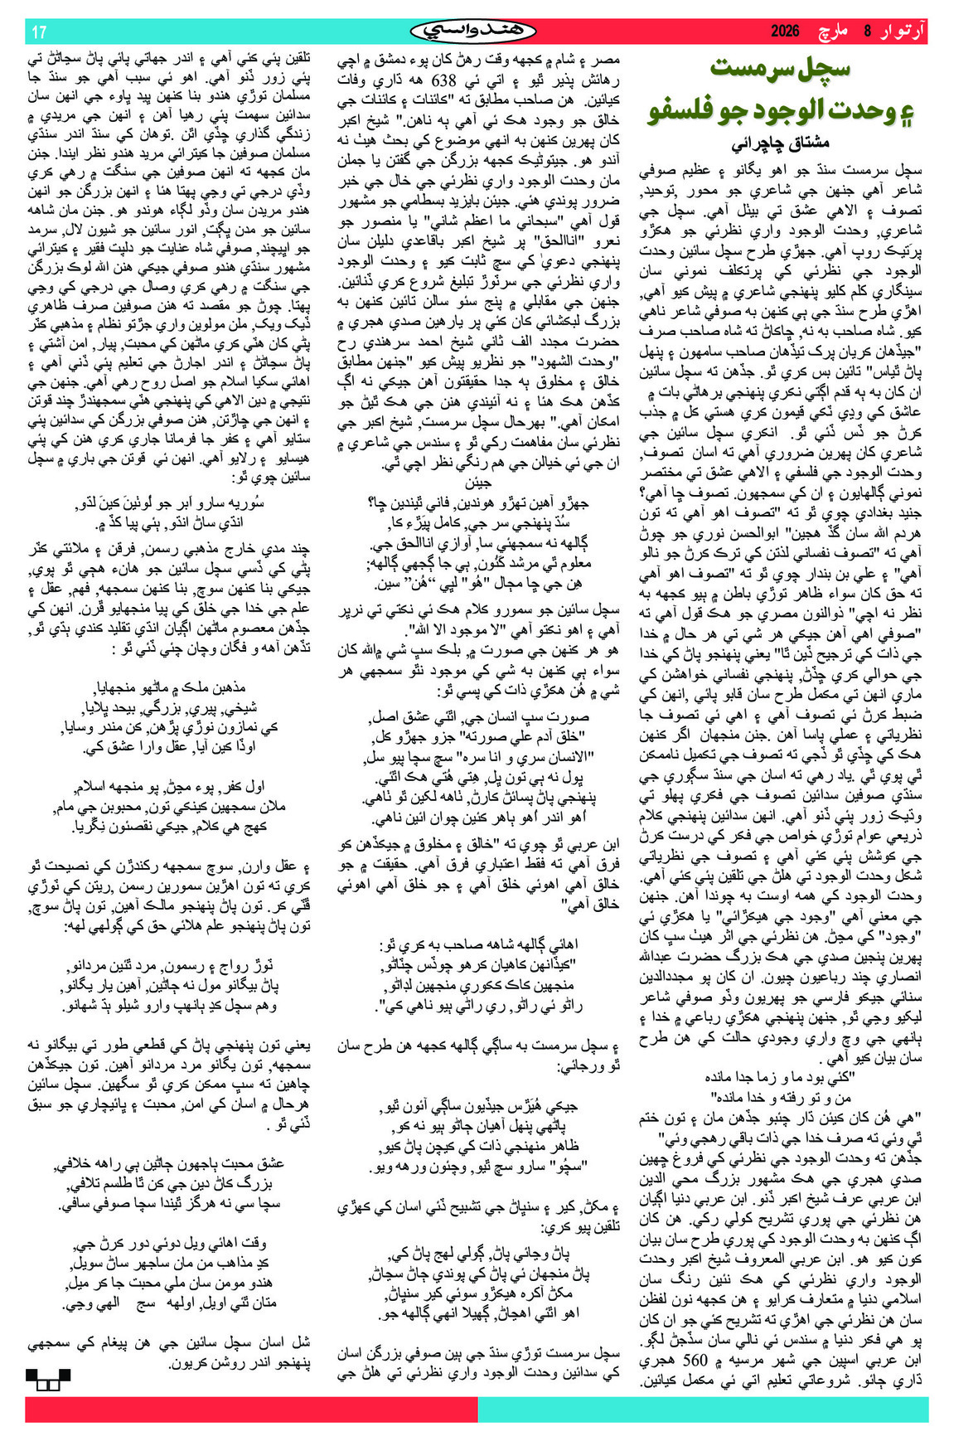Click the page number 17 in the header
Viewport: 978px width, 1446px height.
click(39, 32)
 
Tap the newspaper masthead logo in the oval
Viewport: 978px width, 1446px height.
click(472, 32)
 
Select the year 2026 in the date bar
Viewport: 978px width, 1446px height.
click(785, 32)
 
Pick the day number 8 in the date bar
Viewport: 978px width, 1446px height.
click(868, 32)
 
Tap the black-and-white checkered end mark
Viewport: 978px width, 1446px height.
click(47, 1379)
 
